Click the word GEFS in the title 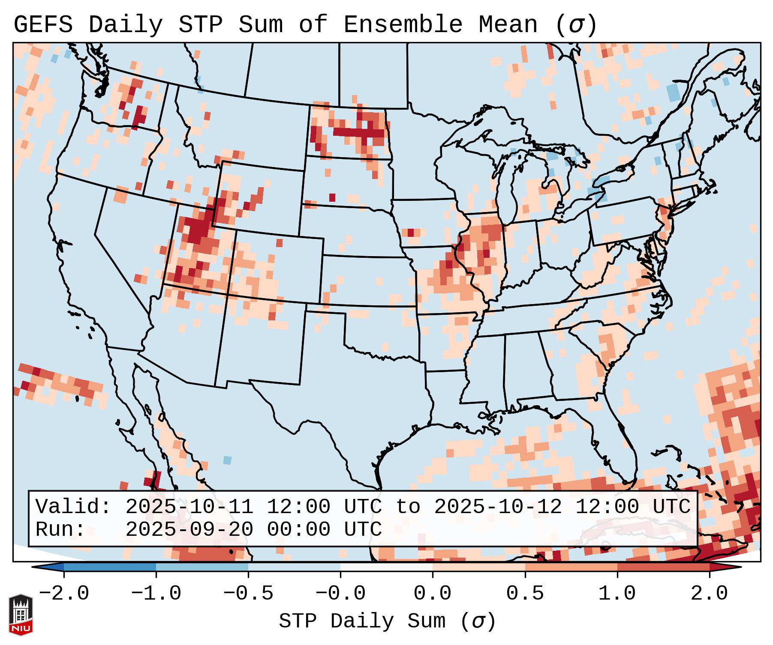(x=43, y=25)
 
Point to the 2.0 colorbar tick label (x=709, y=594)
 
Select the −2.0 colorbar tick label (x=64, y=594)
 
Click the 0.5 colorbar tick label (x=525, y=594)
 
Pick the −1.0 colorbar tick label (x=156, y=594)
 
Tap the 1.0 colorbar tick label (x=617, y=594)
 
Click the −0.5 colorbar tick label (x=248, y=594)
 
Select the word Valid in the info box (x=73, y=507)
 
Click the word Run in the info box (x=60, y=529)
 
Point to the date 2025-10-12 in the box (x=498, y=507)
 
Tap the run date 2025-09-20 (x=189, y=529)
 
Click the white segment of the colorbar (x=386, y=567)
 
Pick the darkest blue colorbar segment (x=110, y=567)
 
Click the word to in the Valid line (x=407, y=507)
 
